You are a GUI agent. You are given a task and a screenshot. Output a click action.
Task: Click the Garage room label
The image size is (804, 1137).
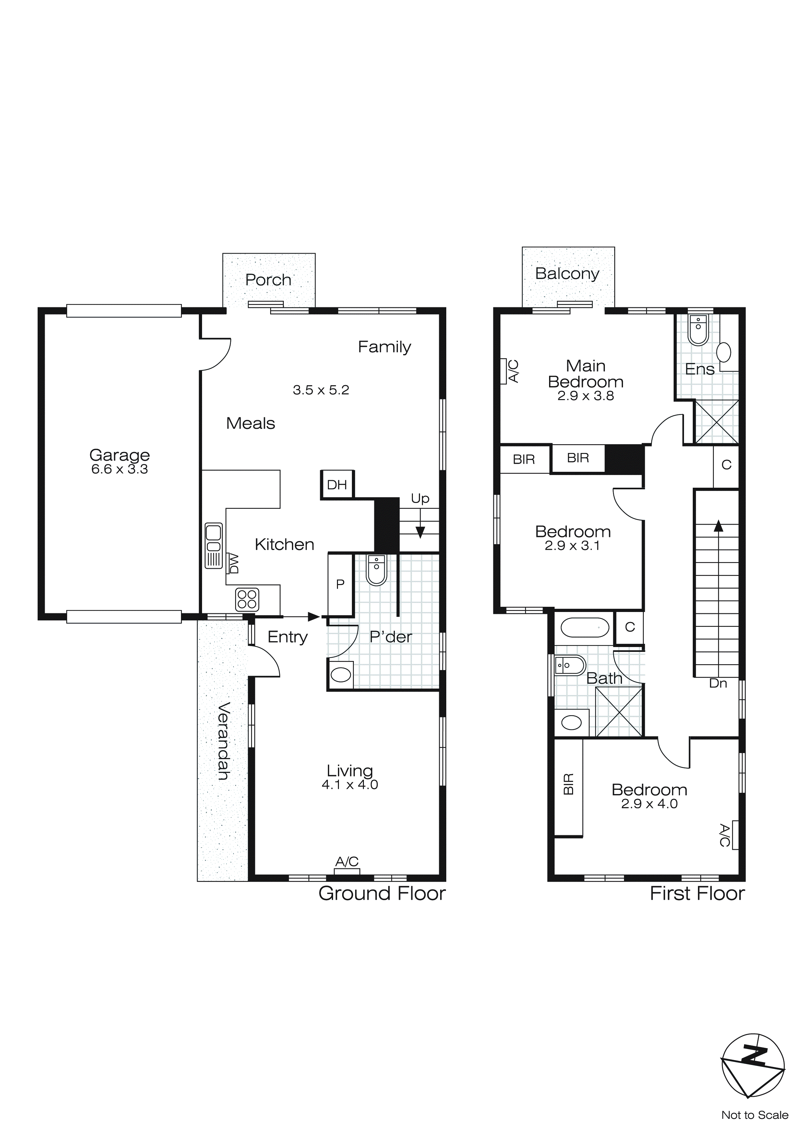[119, 455]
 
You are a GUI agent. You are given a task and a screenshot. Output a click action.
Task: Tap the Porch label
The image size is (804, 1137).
[268, 280]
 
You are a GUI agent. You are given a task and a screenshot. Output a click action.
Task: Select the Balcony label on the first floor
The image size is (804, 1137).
[567, 273]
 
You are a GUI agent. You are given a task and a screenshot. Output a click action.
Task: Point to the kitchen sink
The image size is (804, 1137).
[213, 545]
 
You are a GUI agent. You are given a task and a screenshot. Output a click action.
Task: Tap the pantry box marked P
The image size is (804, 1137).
[340, 584]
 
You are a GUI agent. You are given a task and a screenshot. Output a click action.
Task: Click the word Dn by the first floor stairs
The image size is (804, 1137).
[718, 683]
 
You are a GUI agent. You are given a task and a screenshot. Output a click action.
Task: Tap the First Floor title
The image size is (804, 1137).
[697, 893]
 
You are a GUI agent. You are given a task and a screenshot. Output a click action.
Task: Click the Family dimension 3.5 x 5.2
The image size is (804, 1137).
[321, 390]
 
